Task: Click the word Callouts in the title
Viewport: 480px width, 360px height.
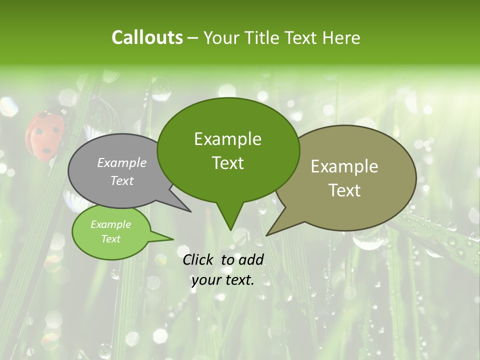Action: click(147, 37)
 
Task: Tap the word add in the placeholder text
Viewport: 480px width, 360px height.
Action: click(251, 259)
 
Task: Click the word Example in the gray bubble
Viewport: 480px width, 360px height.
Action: click(122, 162)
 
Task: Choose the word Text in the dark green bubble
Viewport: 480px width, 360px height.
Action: click(228, 163)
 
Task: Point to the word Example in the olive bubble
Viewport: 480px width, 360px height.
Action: click(344, 166)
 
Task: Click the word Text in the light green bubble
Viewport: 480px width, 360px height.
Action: click(111, 239)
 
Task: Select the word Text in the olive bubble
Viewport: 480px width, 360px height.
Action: click(345, 190)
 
